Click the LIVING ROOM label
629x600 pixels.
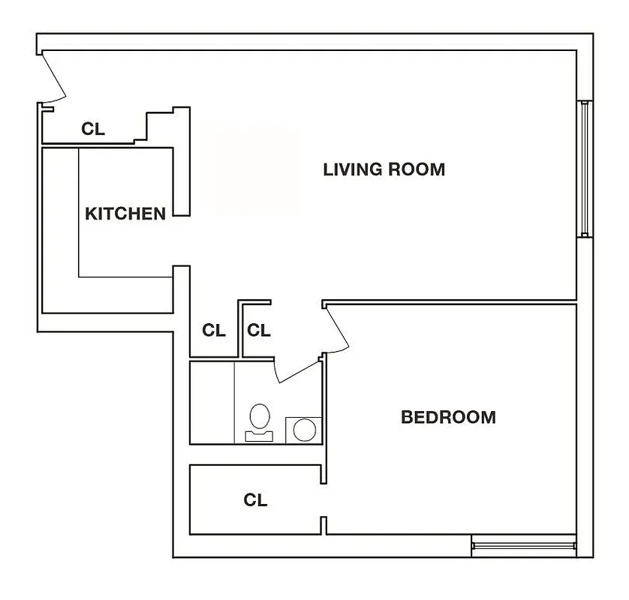coord(384,169)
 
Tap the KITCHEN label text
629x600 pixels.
coord(125,214)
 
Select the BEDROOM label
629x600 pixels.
coord(448,417)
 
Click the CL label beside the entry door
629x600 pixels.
coord(93,129)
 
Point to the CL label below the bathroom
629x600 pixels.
coord(255,500)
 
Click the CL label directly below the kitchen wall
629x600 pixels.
coord(214,330)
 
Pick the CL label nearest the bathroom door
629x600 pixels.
coord(259,330)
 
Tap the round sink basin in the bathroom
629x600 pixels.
coord(304,430)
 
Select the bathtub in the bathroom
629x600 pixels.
coord(212,402)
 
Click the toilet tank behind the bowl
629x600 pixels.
coord(260,435)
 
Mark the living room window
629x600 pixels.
coord(583,169)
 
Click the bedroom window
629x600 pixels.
coord(523,545)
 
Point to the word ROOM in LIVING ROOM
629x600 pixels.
coord(417,169)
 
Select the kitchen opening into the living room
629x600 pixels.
coord(181,241)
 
